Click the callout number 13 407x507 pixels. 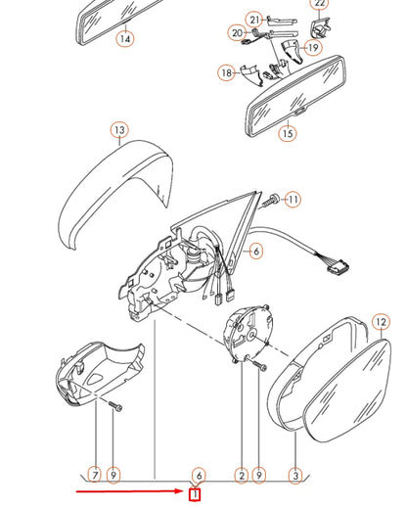tap(119, 130)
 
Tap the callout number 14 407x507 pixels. tap(125, 39)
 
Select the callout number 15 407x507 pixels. tap(288, 133)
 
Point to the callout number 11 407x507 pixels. tap(294, 200)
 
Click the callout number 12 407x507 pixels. tap(381, 321)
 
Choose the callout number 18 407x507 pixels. tap(227, 72)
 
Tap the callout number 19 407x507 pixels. tap(313, 47)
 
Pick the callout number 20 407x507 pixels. tap(236, 33)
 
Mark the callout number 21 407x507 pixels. tap(253, 19)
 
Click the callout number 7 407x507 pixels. tap(95, 475)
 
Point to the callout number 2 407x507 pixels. tap(241, 476)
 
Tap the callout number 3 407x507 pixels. tap(295, 476)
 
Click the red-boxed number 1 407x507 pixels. tap(196, 495)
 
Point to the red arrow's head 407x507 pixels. tap(182, 491)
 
